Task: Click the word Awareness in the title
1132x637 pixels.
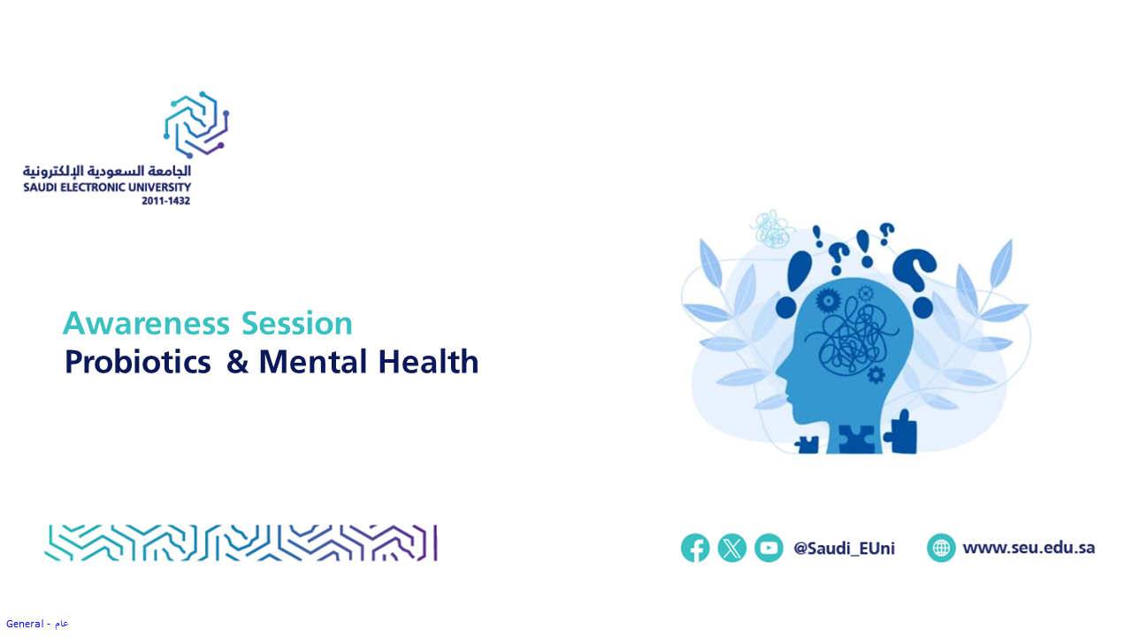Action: [146, 323]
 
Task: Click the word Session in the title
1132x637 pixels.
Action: [296, 323]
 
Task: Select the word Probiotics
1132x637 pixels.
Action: [137, 362]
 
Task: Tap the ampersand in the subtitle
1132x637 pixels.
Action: [237, 362]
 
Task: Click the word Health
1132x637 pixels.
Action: [428, 362]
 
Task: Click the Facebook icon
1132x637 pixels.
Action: [695, 548]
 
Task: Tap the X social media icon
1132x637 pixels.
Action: [731, 548]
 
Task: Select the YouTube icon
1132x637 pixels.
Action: [769, 548]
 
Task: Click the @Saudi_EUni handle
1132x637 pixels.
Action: [844, 548]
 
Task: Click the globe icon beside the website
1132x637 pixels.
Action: [941, 548]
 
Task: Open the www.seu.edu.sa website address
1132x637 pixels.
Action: [1029, 548]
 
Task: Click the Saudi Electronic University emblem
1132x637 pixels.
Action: [196, 125]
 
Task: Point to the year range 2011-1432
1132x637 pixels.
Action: [165, 201]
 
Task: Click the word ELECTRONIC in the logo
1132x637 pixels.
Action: [93, 188]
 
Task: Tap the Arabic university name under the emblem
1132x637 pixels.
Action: [107, 171]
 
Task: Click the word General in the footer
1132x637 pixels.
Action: [25, 624]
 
